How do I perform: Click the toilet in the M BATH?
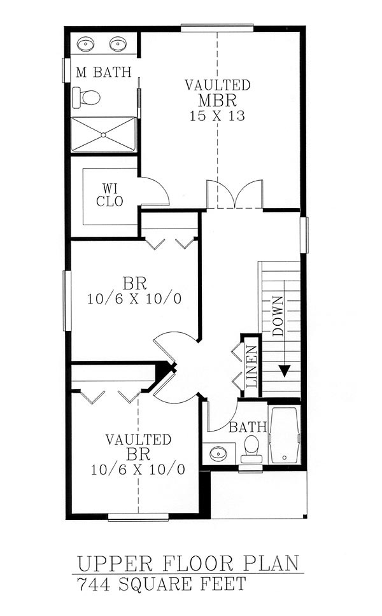(87, 97)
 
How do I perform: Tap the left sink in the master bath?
(86, 44)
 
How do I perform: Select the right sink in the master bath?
(117, 44)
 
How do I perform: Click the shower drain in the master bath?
(104, 135)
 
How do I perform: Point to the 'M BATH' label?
(103, 73)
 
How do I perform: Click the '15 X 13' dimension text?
(217, 116)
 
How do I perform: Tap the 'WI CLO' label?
(110, 195)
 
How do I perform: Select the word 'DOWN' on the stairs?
(278, 316)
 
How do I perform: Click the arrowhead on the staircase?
(285, 371)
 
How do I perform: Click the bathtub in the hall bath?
(284, 435)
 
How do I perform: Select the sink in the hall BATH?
(218, 454)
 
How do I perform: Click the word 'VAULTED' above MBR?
(217, 85)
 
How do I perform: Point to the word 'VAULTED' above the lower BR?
(138, 439)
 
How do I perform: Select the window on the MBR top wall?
(217, 28)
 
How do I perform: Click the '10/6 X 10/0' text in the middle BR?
(134, 299)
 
